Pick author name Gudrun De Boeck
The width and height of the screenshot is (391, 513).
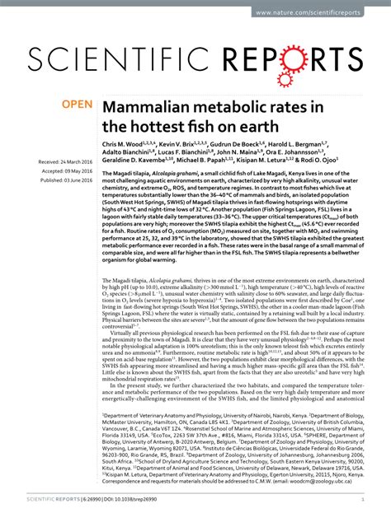pyautogui.click(x=242, y=144)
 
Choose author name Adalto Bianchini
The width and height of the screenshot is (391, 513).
pyautogui.click(x=128, y=154)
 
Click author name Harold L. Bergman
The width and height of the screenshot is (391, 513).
pyautogui.click(x=318, y=144)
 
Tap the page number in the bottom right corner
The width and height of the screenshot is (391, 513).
pyautogui.click(x=363, y=499)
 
